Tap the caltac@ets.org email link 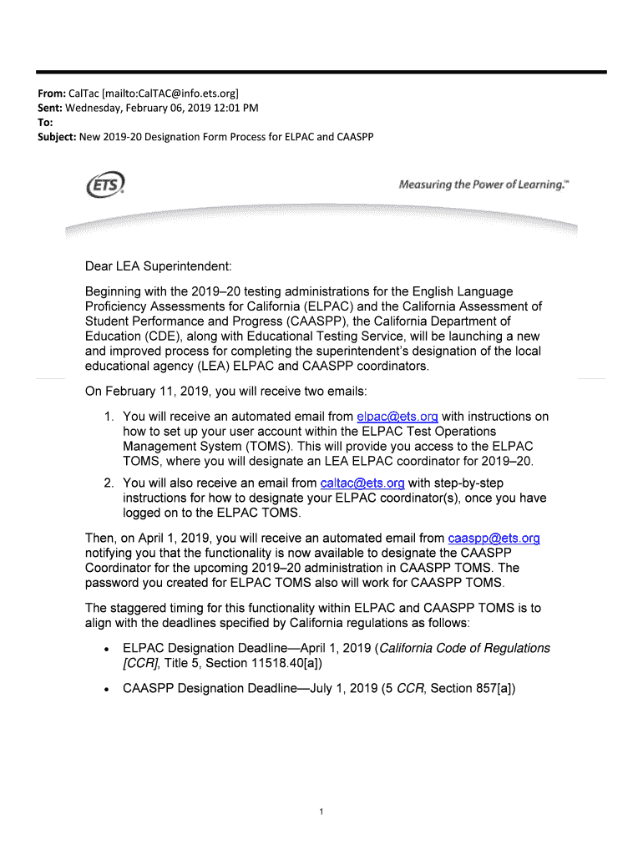coord(362,483)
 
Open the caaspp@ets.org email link coord(494,539)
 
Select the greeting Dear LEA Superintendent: coord(158,266)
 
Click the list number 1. coord(108,417)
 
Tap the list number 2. coord(108,483)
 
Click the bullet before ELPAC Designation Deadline coord(106,650)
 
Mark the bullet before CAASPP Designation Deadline coord(106,690)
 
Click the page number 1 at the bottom coord(321,812)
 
